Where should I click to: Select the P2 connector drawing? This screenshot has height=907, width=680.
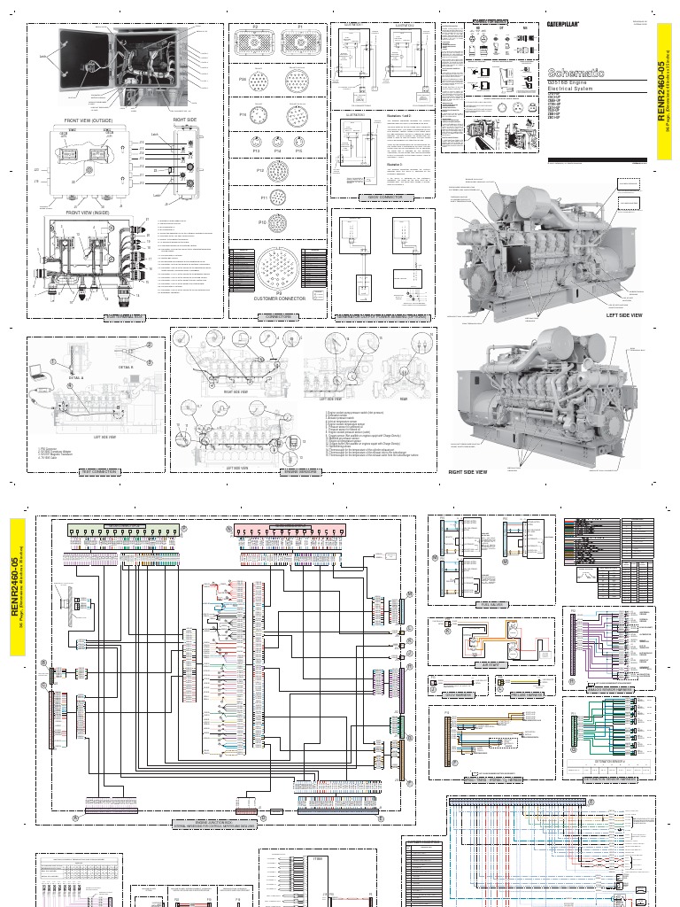point(255,45)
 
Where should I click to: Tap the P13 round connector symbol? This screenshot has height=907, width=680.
point(256,143)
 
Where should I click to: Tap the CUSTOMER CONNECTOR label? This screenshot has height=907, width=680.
point(278,298)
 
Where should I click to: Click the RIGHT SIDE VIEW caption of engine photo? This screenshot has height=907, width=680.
point(467,472)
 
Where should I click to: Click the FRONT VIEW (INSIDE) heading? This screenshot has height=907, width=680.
point(86,212)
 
